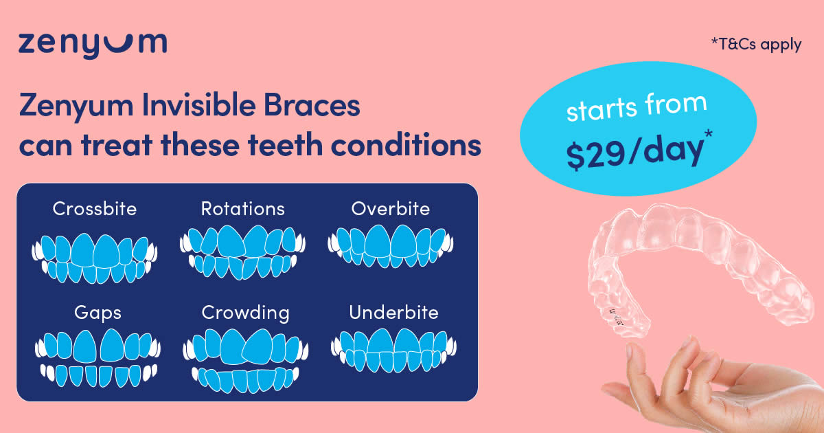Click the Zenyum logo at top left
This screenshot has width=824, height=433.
[93, 45]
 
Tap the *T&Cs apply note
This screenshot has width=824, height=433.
[756, 45]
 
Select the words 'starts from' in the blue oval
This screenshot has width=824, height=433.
[637, 107]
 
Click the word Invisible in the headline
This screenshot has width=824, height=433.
[198, 105]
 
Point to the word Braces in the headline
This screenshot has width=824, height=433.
[312, 105]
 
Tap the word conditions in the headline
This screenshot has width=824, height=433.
[406, 145]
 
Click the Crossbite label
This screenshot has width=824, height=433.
[95, 209]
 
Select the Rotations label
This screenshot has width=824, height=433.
[243, 209]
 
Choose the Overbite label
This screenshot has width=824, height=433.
[391, 209]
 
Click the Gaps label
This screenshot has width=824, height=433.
[98, 313]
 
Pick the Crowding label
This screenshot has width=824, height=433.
[246, 313]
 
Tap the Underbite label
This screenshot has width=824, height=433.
[393, 313]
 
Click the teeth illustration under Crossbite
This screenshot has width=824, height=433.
[95, 258]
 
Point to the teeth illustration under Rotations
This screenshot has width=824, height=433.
[243, 252]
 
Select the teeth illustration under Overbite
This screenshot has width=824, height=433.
[391, 246]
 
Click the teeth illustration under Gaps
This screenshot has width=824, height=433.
[98, 358]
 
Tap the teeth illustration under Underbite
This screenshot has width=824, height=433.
[393, 351]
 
